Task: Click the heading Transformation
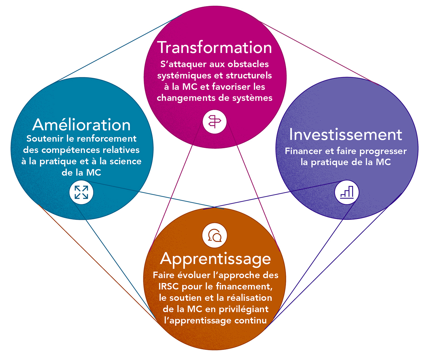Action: click(214, 47)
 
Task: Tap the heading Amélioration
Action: click(81, 125)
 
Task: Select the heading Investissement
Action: click(346, 135)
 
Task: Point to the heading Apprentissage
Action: click(215, 259)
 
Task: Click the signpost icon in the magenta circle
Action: click(215, 122)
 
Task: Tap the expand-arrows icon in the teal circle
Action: click(81, 192)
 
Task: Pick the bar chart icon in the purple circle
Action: click(347, 192)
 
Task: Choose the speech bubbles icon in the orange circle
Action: click(215, 235)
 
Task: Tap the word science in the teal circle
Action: click(125, 161)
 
